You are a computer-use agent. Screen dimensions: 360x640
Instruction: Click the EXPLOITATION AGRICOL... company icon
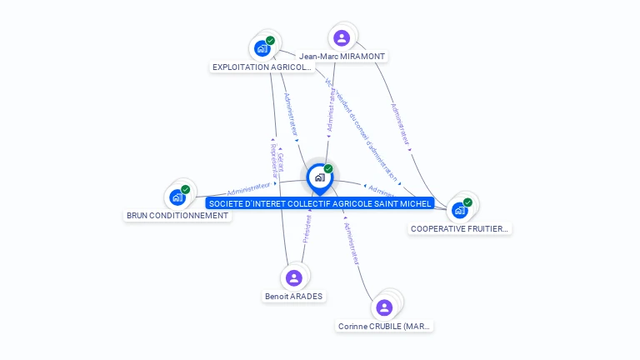(x=263, y=47)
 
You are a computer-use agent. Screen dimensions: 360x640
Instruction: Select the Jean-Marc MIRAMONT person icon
(x=341, y=37)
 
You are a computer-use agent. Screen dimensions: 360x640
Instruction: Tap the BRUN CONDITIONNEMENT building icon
(x=177, y=197)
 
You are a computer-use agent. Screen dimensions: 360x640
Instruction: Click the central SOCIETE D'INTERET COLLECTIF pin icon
(x=319, y=177)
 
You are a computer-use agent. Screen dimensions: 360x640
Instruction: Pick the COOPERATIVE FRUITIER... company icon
(x=459, y=210)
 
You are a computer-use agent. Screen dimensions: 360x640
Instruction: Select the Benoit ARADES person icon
(x=293, y=277)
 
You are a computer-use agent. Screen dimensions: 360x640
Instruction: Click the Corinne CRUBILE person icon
(x=384, y=307)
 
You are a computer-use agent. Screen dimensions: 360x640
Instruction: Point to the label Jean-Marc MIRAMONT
(x=342, y=56)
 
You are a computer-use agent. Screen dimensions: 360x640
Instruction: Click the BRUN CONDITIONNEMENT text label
(x=177, y=215)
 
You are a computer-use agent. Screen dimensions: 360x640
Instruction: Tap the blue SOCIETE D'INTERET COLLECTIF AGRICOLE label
(x=321, y=203)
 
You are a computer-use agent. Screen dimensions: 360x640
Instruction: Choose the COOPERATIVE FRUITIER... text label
(x=459, y=228)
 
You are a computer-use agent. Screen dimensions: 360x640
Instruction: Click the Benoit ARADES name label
(x=293, y=296)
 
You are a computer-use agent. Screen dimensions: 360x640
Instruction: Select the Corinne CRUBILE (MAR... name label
(x=385, y=326)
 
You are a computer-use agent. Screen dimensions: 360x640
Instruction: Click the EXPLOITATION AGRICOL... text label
(x=262, y=67)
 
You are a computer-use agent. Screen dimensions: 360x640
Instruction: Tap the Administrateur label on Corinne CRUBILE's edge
(x=352, y=242)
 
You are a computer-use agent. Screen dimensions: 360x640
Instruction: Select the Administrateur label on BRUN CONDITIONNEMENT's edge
(x=248, y=189)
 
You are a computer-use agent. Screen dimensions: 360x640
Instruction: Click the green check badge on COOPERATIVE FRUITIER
(x=467, y=202)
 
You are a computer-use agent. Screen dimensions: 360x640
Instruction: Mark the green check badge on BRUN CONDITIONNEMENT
(x=185, y=189)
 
